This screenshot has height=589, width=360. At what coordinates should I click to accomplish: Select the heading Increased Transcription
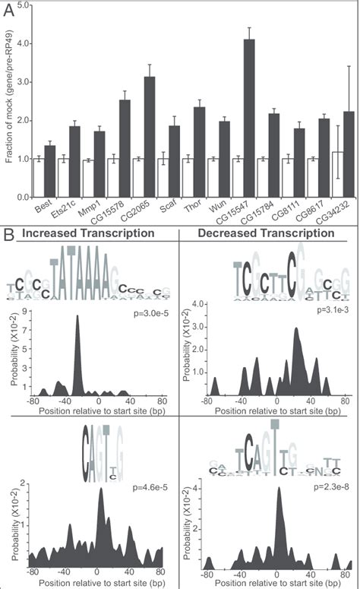pyautogui.click(x=87, y=232)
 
